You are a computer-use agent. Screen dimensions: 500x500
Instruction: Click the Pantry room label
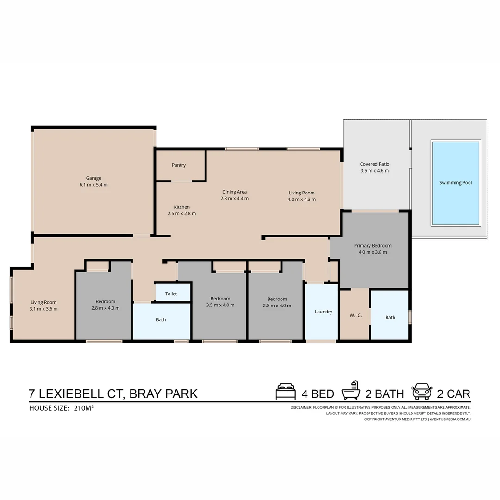[179, 165]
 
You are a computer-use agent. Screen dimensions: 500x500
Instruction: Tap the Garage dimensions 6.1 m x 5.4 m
[94, 185]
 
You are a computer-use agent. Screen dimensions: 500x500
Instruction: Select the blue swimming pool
[456, 183]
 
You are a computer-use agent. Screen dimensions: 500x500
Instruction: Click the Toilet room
[171, 294]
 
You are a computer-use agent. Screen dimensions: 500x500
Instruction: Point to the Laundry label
[324, 312]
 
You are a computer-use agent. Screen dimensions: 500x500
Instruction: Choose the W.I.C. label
[356, 315]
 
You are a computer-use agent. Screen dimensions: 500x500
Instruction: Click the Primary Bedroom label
[373, 246]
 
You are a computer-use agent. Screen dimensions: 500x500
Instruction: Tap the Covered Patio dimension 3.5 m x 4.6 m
[375, 171]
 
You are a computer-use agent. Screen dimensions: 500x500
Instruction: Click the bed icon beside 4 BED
[286, 392]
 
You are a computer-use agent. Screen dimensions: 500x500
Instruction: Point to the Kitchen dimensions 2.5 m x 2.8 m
[181, 214]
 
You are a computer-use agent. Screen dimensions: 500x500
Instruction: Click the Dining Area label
[234, 192]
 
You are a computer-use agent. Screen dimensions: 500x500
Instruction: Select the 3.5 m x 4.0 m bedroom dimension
[220, 305]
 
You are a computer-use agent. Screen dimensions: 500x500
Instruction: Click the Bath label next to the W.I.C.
[390, 317]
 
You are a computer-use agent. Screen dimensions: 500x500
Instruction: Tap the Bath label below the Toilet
[161, 319]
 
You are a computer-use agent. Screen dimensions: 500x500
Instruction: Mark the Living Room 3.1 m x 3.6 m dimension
[44, 309]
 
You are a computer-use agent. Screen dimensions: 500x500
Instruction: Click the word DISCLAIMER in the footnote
[301, 407]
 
